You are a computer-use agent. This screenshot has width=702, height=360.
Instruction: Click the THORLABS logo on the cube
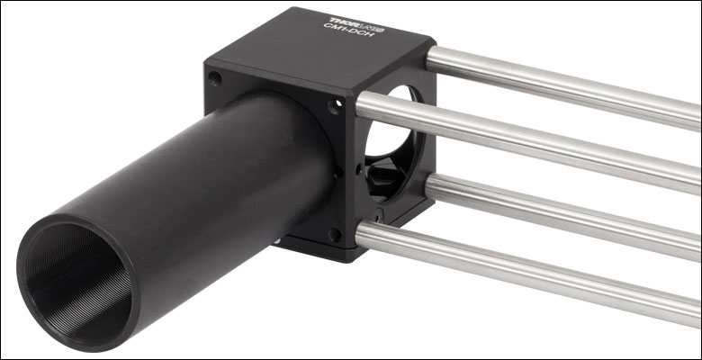point(356,24)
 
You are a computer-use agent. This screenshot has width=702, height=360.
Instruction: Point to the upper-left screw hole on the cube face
point(215,79)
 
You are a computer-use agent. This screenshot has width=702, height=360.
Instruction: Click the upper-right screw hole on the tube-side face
point(335,106)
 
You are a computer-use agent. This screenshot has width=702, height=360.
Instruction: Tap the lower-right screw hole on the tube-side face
point(335,234)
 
